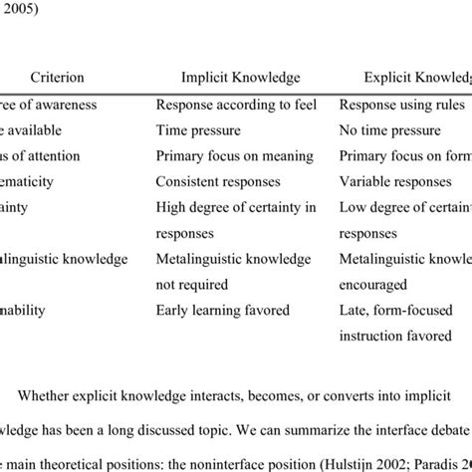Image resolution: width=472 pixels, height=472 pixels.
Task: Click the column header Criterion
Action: tap(57, 77)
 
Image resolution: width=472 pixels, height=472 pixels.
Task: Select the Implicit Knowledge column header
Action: tap(240, 77)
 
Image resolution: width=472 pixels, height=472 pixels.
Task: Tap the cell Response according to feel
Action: tap(236, 103)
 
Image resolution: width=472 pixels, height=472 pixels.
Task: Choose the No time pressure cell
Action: tap(389, 129)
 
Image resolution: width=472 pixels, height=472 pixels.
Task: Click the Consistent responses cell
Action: tap(218, 182)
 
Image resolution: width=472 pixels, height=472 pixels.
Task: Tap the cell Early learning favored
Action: tap(222, 310)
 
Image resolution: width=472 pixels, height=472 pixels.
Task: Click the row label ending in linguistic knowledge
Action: tap(64, 259)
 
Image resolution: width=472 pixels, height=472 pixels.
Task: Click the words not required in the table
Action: tap(193, 283)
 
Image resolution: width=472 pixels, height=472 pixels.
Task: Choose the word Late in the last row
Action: tap(354, 310)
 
